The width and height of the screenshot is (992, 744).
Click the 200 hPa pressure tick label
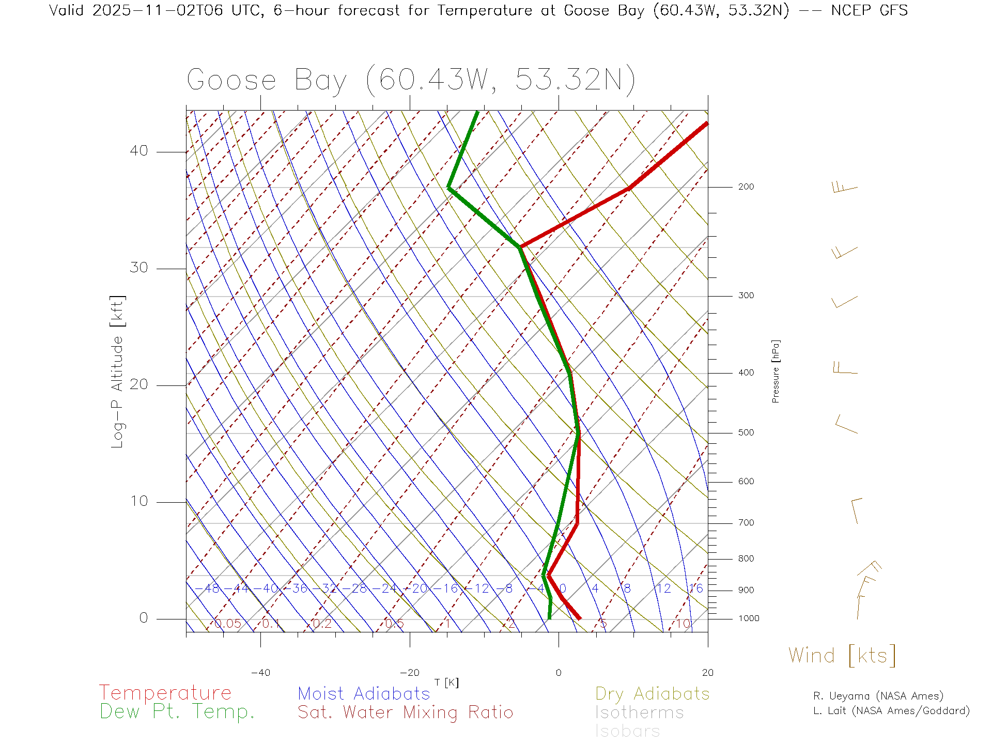coord(746,187)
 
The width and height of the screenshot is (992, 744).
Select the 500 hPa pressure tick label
coord(746,433)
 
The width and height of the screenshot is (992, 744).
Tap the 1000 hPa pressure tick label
coord(749,619)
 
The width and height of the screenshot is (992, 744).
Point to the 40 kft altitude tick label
coord(138,151)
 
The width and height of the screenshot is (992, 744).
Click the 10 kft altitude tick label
coord(138,501)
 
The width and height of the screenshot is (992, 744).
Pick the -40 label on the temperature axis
coord(260,673)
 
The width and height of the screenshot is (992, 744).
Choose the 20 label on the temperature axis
coord(707,673)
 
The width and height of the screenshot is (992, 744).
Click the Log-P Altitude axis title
coord(118,371)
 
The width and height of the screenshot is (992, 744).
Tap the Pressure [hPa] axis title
coord(776,371)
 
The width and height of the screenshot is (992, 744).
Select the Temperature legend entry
coord(165,693)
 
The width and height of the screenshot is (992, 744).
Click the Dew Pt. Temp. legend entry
coord(177,712)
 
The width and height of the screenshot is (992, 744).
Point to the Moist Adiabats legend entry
coord(364,694)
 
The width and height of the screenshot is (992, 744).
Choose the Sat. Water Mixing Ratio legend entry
coord(405,712)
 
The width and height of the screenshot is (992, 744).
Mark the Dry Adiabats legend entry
coord(652,694)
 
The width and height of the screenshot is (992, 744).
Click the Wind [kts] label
coord(842,656)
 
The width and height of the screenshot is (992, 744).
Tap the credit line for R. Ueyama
coord(878,696)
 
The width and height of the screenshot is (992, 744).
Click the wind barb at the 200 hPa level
coord(844,188)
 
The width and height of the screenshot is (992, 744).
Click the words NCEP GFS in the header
coord(869,11)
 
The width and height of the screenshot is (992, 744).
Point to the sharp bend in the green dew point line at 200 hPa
coord(449,188)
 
